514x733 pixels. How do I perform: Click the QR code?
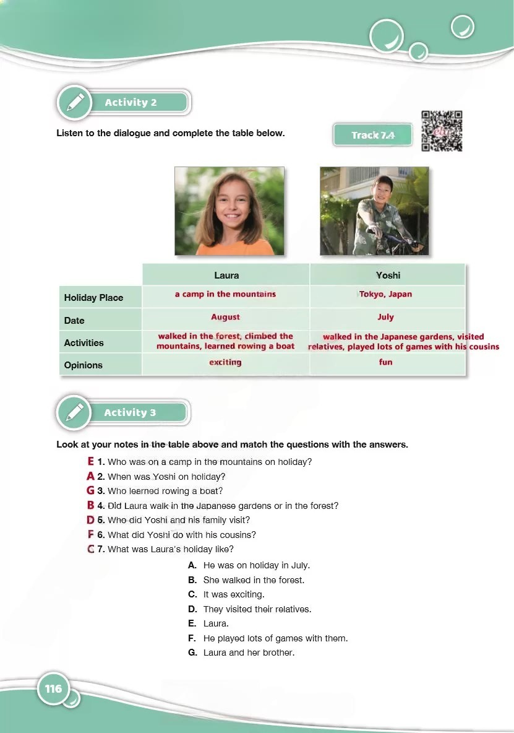point(442,131)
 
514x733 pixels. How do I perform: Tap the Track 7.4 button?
point(373,135)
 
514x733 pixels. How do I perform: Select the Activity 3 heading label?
point(130,413)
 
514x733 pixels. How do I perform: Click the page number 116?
point(54,688)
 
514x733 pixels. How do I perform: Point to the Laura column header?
point(226,275)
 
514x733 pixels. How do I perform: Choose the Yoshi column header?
point(388,275)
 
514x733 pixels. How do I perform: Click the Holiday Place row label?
point(93,298)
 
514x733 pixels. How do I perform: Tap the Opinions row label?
point(84,365)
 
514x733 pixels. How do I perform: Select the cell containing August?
point(225,317)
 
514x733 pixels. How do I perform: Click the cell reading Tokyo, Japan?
point(385,294)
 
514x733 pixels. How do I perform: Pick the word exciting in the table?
point(225,362)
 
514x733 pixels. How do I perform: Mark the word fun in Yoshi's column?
point(385,362)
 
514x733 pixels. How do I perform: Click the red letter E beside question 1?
point(91,461)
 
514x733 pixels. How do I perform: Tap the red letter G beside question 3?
point(91,491)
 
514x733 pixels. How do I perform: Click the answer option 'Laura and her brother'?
point(248,653)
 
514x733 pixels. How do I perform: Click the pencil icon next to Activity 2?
point(74,102)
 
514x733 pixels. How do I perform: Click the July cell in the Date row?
point(385,317)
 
